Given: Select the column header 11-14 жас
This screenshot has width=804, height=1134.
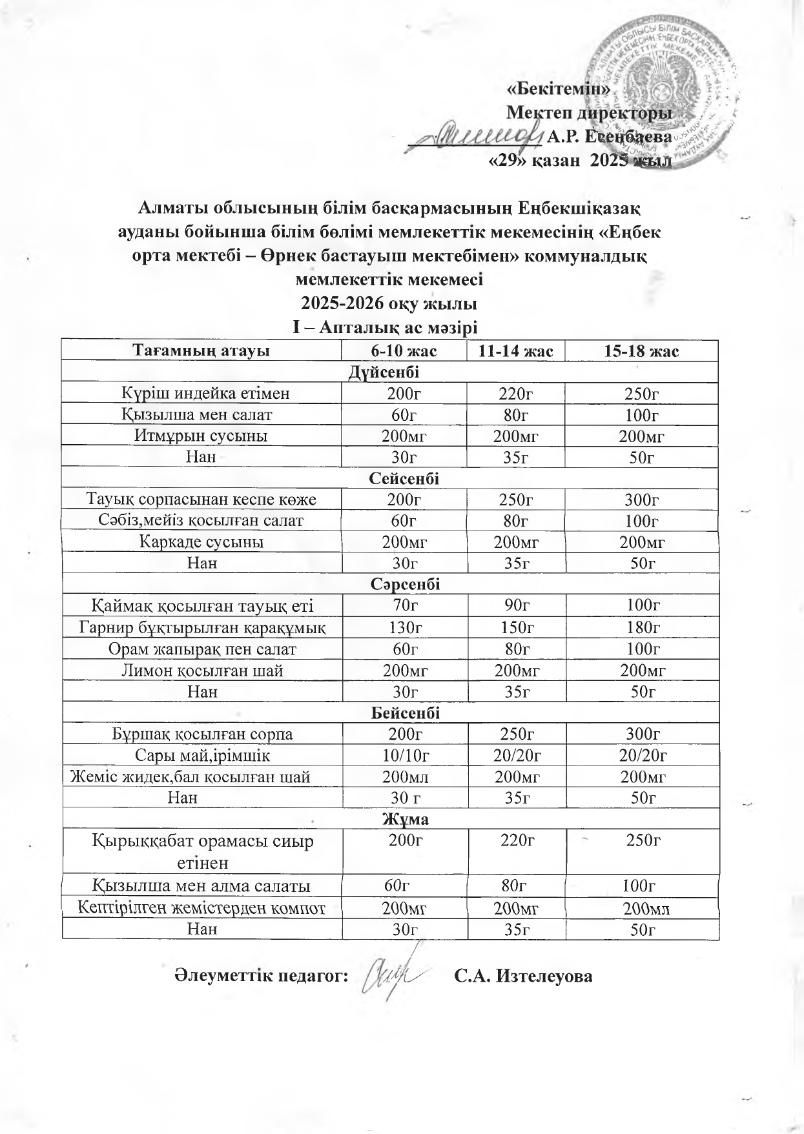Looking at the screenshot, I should point(515,351).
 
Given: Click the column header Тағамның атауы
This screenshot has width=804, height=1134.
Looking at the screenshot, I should point(201,351).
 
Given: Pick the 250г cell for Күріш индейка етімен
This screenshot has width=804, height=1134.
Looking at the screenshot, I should point(641,393).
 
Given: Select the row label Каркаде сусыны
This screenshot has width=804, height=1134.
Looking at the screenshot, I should point(201,542).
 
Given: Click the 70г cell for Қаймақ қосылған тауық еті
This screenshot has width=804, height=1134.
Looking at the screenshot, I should point(404,605).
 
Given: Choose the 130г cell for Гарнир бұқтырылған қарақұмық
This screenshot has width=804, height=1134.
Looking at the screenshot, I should point(405,627).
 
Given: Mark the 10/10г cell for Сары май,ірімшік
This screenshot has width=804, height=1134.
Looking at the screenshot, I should point(405,755).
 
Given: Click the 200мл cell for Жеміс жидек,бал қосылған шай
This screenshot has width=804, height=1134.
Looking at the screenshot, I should point(405,777).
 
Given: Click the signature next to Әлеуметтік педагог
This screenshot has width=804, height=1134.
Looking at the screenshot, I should point(394,975).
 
